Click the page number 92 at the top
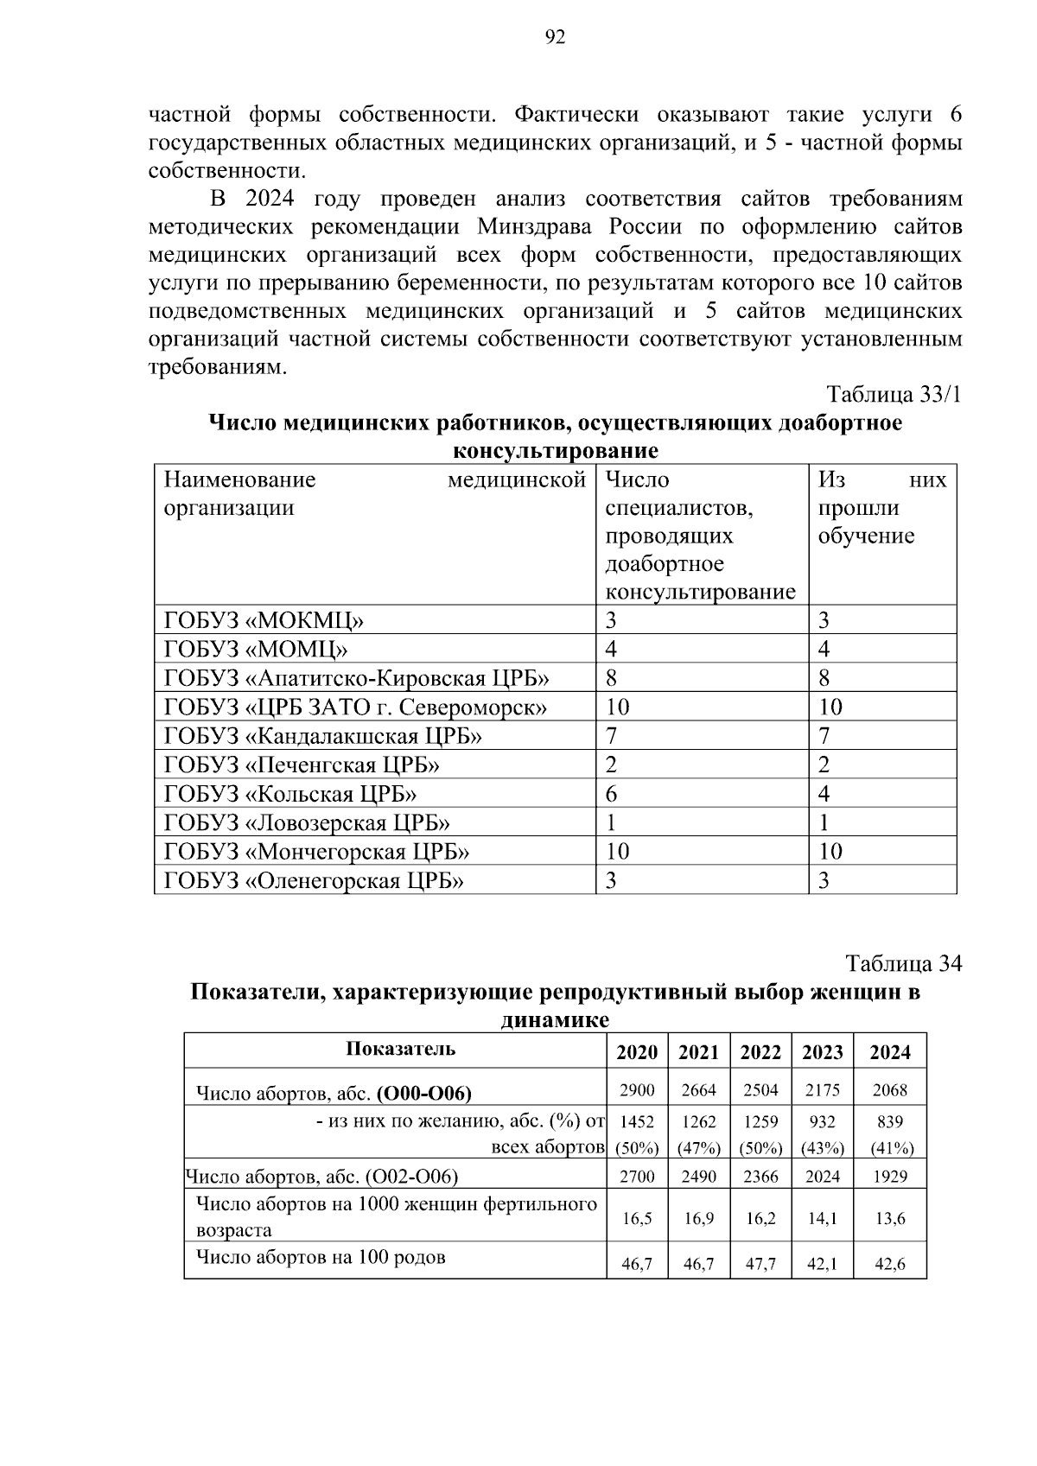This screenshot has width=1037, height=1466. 555,36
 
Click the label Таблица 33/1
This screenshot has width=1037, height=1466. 894,395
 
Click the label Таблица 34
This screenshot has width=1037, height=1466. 903,963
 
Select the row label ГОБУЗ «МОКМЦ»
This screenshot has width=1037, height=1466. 264,620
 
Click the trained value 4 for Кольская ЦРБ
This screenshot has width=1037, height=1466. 824,794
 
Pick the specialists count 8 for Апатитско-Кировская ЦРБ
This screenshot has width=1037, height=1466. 612,678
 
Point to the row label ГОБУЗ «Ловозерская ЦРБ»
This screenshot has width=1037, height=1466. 307,822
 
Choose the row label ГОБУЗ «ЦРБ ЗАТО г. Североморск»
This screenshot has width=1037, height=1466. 355,708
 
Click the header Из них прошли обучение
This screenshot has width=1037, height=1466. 881,508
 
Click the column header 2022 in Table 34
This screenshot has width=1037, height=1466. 760,1052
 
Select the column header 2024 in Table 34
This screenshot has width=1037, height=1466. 889,1052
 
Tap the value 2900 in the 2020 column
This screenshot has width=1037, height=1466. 637,1090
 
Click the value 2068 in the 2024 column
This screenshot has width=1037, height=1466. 889,1090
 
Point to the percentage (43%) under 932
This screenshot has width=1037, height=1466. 822,1148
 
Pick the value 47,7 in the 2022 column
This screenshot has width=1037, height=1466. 760,1264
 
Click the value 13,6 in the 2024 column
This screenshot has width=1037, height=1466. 889,1218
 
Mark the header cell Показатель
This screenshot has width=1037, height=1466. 400,1050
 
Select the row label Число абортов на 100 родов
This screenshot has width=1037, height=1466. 321,1257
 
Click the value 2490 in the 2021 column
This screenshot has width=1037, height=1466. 698,1177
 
